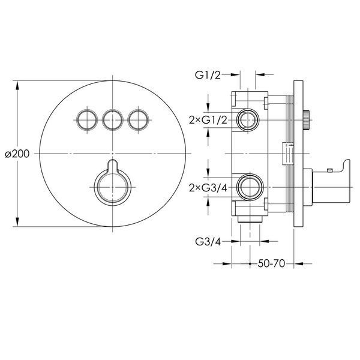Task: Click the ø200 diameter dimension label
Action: coord(17,154)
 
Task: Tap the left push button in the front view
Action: coord(87,120)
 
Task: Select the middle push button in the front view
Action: coord(113,120)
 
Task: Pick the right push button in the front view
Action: coord(138,120)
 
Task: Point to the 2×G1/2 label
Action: coord(208,120)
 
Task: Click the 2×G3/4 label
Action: coord(208,188)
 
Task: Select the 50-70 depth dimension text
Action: coord(271,263)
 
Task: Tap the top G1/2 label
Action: coord(208,75)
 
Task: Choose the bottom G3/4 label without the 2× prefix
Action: coord(208,242)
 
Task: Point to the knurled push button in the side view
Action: coord(307,120)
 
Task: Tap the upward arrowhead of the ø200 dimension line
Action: coord(17,86)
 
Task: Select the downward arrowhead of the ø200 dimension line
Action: coord(17,221)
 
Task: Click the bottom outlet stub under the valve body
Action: coord(250,219)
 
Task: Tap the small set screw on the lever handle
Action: coord(329,170)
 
